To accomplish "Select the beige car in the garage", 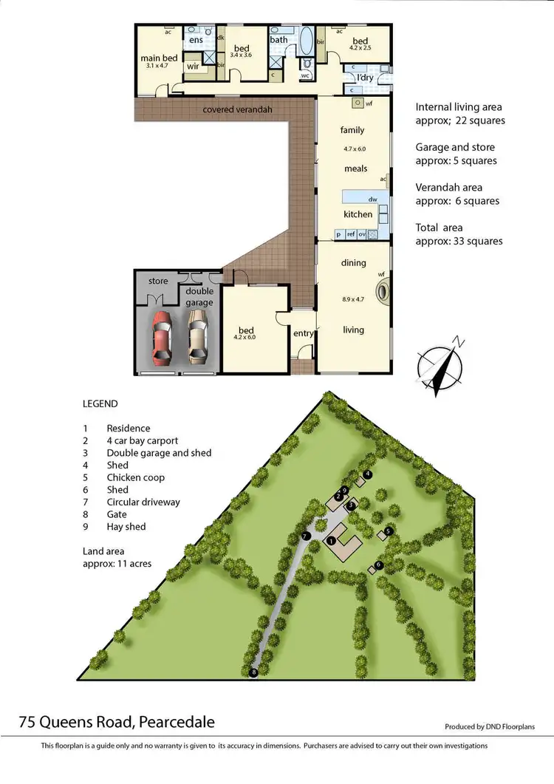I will pyautogui.click(x=197, y=337).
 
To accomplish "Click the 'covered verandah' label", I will pyautogui.click(x=238, y=110).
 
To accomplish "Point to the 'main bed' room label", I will pyautogui.click(x=159, y=58).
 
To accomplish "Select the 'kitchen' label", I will pyautogui.click(x=358, y=214).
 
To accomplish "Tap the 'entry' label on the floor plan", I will pyautogui.click(x=303, y=333).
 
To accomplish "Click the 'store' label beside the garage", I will pyautogui.click(x=158, y=281).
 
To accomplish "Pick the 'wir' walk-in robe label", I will pyautogui.click(x=193, y=67).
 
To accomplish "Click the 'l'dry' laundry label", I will pyautogui.click(x=364, y=77).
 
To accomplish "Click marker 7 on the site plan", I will pyautogui.click(x=304, y=536).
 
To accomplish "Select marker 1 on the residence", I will pyautogui.click(x=332, y=541).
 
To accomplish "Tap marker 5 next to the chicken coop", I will pyautogui.click(x=388, y=530).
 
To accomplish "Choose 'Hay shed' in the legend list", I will pyautogui.click(x=126, y=527).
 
